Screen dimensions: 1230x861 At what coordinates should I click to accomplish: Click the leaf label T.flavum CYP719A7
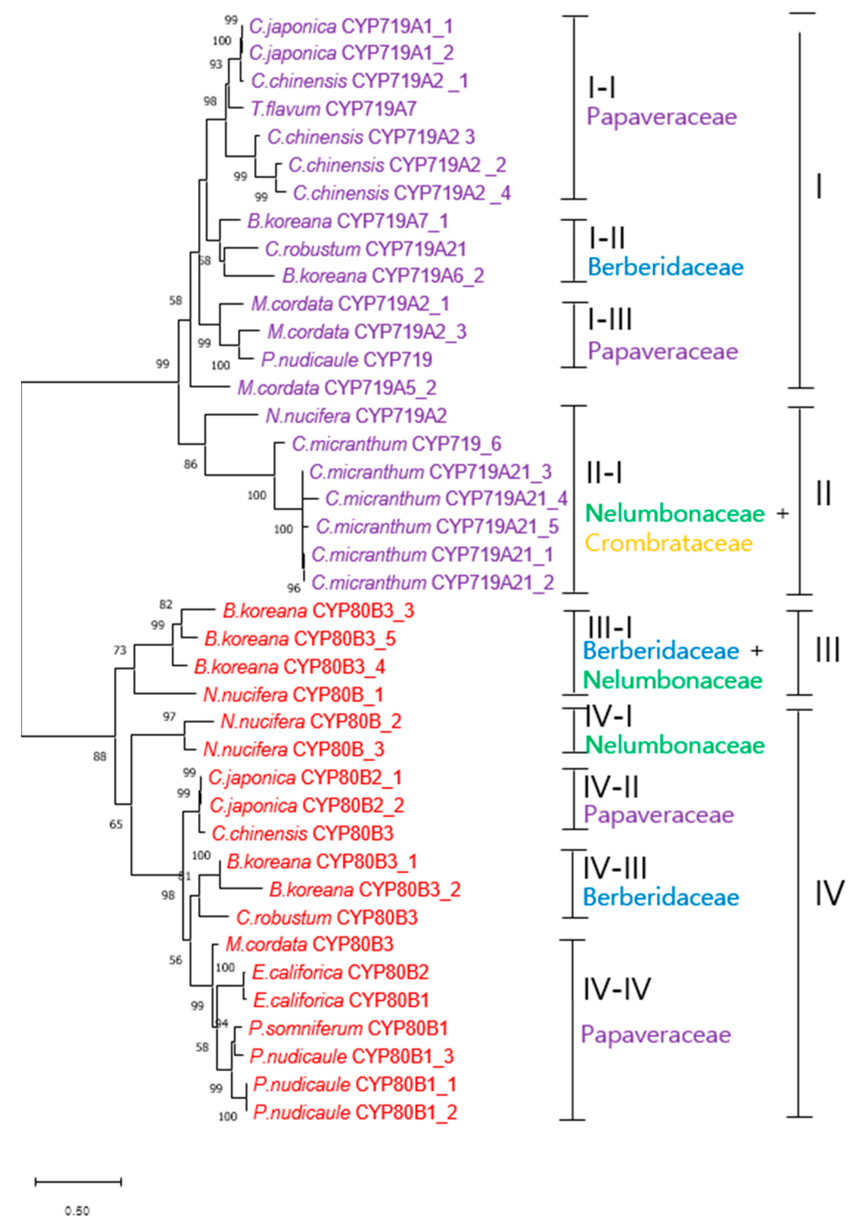coord(334,109)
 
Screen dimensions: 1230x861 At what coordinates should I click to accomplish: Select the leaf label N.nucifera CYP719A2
coord(356,416)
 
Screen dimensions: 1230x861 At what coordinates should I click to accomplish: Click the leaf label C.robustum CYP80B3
coord(327,918)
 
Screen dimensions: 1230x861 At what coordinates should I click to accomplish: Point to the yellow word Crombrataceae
coord(669,543)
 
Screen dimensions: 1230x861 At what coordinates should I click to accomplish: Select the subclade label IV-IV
coord(617,989)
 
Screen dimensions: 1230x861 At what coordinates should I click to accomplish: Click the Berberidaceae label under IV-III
coord(661,897)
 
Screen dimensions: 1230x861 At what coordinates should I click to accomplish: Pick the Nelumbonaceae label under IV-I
coord(675,745)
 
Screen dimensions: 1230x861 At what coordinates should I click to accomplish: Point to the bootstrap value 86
coord(191,464)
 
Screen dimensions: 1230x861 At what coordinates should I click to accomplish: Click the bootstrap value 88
coord(100,756)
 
